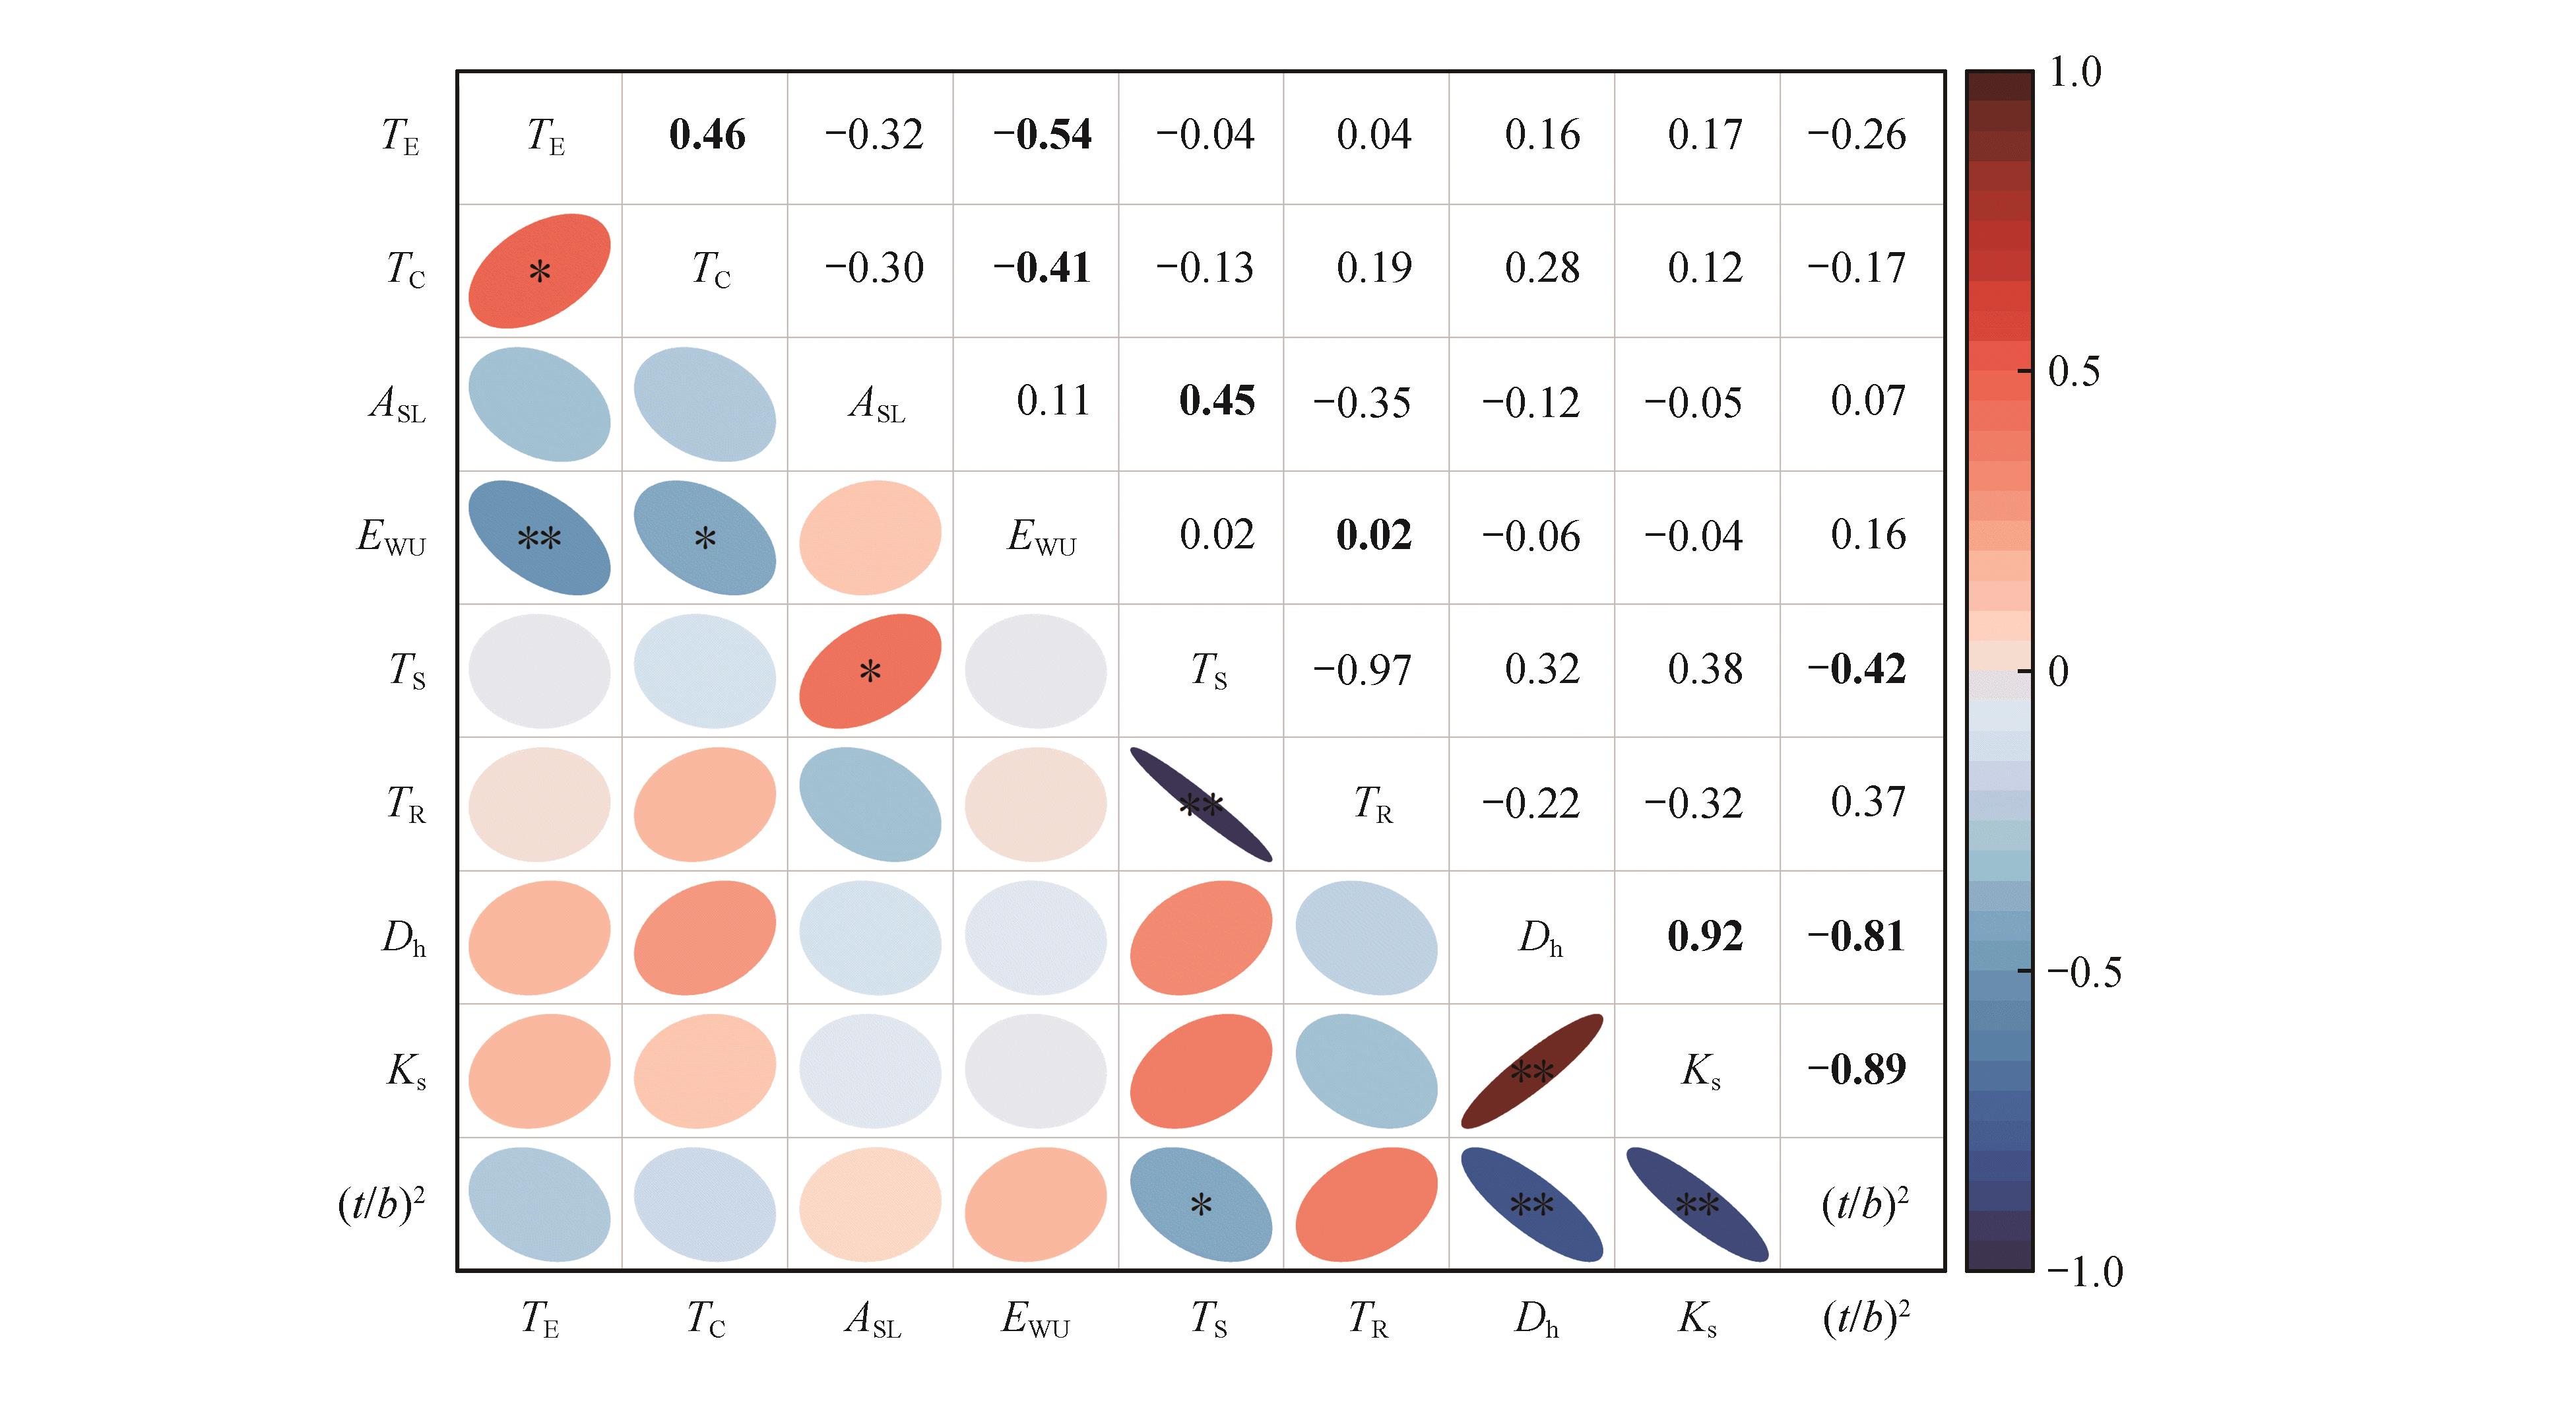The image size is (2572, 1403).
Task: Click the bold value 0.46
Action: coord(707,135)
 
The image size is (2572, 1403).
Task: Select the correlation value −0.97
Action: coord(1362,670)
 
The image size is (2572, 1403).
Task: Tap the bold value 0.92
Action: coord(1704,936)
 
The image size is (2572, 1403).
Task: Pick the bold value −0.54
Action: coord(1041,135)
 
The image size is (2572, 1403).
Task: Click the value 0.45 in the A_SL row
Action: coord(1216,401)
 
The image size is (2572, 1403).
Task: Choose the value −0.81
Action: coord(1856,936)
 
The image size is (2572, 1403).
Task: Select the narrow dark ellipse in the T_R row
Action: coord(1201,805)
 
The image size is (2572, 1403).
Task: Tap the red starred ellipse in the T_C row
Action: coord(539,271)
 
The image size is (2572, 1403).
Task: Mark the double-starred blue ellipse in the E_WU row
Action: coord(539,538)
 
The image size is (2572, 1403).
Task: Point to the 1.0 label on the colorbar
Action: coord(2074,72)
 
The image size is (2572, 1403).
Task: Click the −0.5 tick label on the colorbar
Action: coord(2084,971)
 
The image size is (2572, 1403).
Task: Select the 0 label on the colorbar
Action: coord(2058,672)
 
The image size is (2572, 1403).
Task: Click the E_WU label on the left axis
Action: coord(391,538)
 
